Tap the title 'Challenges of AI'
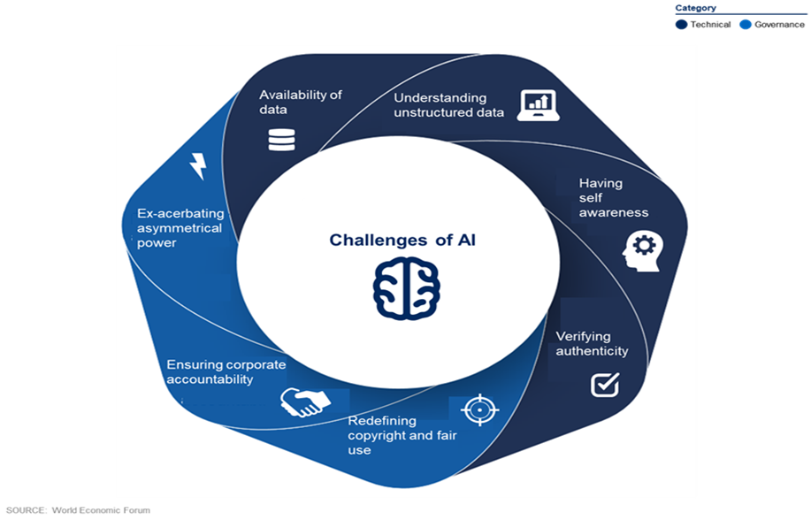402,240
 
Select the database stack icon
281,140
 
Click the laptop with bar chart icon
538,105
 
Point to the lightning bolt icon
198,166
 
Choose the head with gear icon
642,251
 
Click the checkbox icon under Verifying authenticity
605,384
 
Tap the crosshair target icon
480,409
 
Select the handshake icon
305,402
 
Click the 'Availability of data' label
301,102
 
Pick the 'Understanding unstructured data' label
448,105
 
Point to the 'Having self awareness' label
614,197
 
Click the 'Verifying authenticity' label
592,343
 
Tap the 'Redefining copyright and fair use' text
402,435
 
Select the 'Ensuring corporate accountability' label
226,372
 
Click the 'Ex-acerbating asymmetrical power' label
180,227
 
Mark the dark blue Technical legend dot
681,24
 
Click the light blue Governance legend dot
746,24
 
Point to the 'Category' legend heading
696,8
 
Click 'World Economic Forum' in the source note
101,510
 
